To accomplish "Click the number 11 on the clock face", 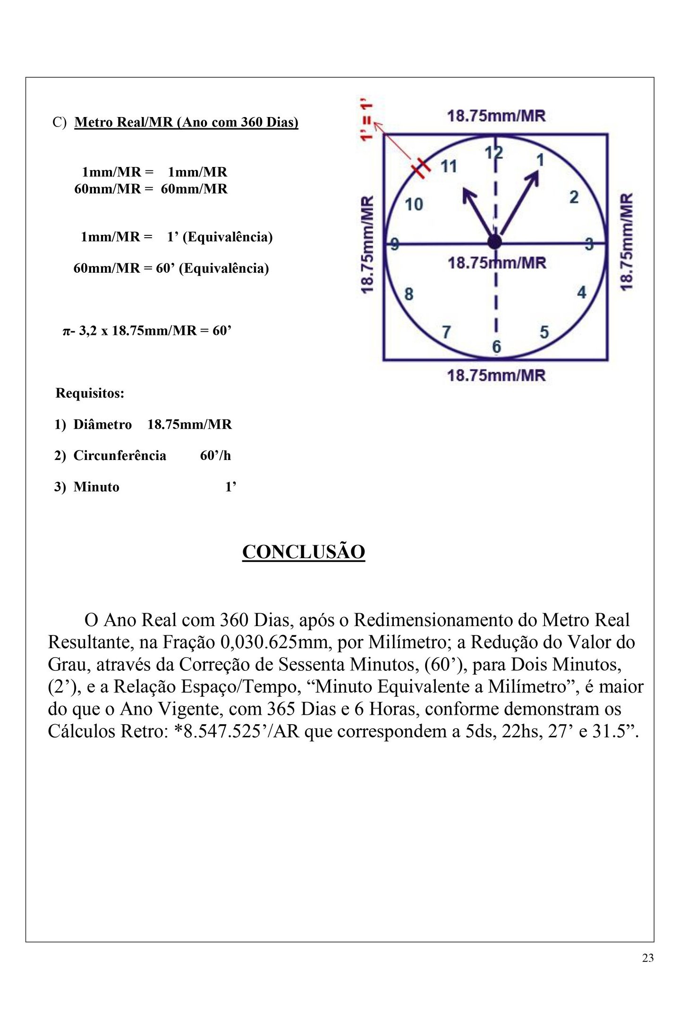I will [x=448, y=167].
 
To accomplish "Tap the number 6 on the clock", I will [x=496, y=347].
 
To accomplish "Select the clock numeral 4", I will [x=581, y=292].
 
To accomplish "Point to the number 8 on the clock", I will [x=409, y=294].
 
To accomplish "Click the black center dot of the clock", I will [x=494, y=242].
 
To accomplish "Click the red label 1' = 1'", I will [x=366, y=120].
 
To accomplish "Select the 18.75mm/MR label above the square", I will [x=496, y=116].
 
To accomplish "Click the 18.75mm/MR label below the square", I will [x=496, y=376].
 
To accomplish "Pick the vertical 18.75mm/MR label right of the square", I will [x=626, y=242].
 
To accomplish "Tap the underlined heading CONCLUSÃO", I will [x=304, y=552].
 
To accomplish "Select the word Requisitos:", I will [x=90, y=393].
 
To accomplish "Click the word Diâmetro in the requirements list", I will [x=102, y=425].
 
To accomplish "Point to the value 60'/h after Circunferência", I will [x=215, y=456].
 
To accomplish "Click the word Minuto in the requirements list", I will [x=96, y=487].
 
